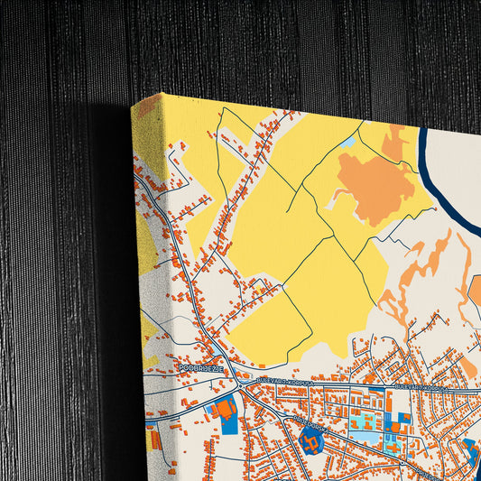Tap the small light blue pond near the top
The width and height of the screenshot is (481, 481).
click(347, 143)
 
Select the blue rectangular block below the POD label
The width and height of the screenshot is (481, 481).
click(223, 411)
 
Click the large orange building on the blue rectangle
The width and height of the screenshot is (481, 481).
click(227, 409)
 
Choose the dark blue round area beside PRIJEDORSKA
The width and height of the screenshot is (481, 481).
click(310, 441)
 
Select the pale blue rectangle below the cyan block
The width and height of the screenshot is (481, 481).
click(365, 438)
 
